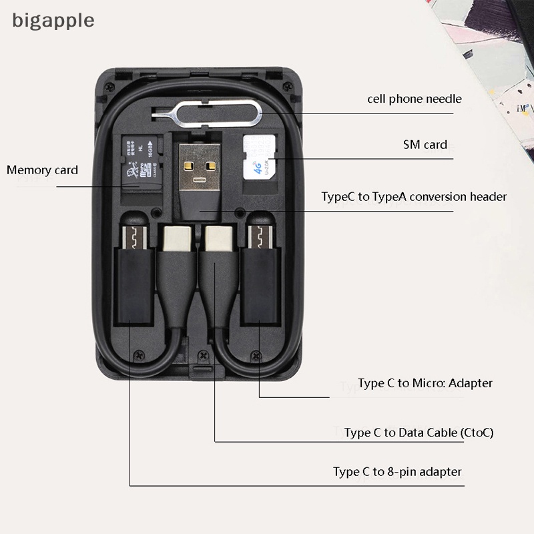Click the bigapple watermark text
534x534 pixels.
[53, 20]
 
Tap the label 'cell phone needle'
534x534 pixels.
[414, 99]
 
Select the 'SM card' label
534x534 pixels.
[425, 145]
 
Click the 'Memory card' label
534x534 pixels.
[42, 170]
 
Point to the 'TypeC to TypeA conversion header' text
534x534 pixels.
[414, 196]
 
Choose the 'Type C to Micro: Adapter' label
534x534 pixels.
[425, 383]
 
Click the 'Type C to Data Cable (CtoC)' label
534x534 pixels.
[419, 433]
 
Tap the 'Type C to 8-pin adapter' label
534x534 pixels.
[397, 472]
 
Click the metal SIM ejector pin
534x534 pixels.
[200, 110]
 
